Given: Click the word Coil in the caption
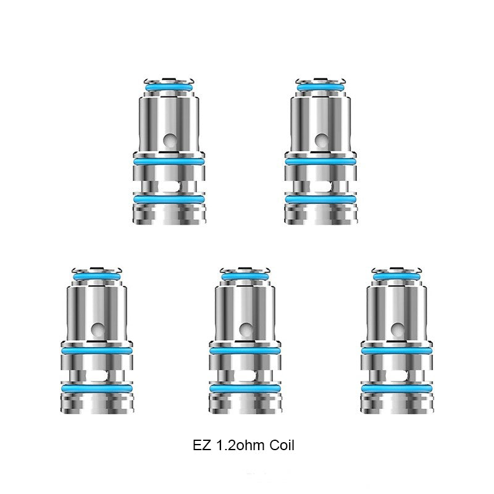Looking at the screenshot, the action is pos(282,445).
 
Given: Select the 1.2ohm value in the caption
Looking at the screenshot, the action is pos(241,445).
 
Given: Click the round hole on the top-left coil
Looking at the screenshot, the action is pos(170,140).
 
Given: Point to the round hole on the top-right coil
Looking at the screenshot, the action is pos(321,140).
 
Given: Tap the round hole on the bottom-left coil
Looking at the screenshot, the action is pos(97,329).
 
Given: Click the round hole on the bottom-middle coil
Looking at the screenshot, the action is pos(245,329).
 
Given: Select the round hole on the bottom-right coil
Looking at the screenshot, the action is pos(397,329).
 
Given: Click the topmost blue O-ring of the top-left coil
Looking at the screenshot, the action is pos(169,88).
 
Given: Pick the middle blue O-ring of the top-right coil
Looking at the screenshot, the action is pos(320,162).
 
